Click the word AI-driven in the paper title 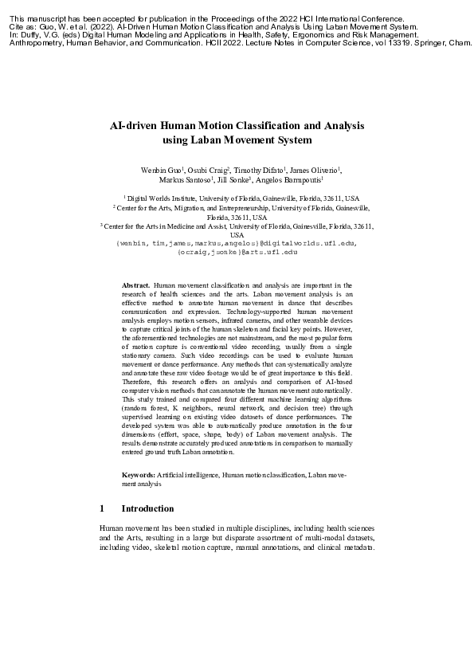coord(134,126)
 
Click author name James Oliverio coord(317,170)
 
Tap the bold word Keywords coord(139,475)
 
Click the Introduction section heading coord(147,508)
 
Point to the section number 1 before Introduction coord(102,508)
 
